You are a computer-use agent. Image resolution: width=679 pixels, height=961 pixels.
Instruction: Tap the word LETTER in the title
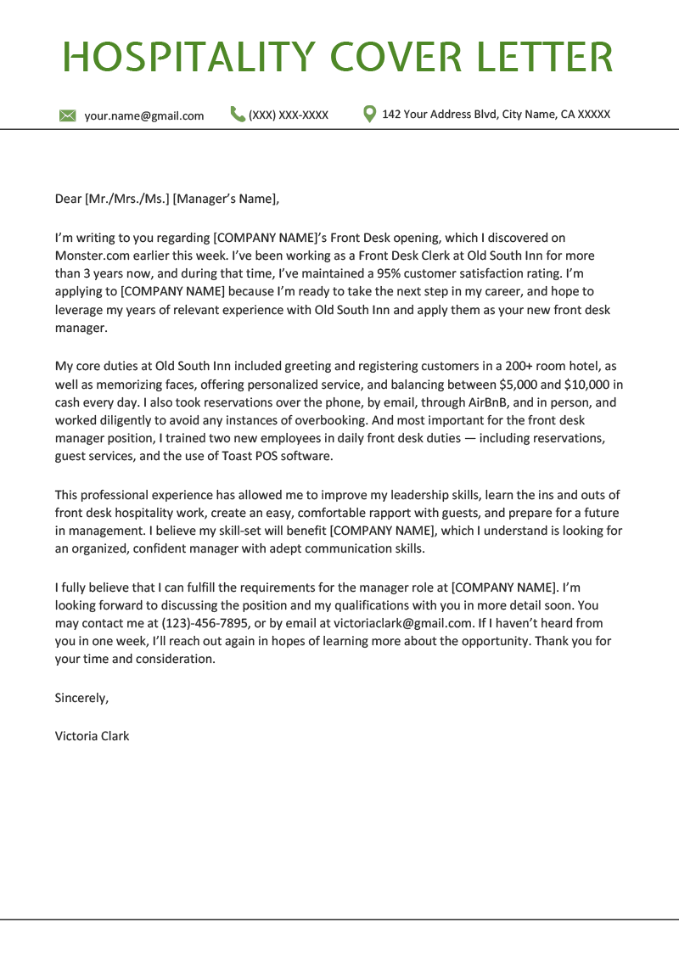point(543,57)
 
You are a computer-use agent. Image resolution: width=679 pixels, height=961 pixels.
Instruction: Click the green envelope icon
point(68,115)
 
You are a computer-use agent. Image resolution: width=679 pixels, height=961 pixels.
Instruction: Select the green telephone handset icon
point(238,114)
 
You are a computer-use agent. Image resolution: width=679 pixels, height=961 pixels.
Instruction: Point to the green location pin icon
point(369,114)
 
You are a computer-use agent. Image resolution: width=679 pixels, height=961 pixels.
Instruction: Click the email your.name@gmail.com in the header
point(144,115)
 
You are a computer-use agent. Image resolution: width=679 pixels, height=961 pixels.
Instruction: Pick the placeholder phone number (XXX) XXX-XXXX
point(289,115)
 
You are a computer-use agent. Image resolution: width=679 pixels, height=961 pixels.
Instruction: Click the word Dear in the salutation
point(68,200)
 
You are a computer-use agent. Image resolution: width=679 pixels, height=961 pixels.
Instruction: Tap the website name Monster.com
point(94,256)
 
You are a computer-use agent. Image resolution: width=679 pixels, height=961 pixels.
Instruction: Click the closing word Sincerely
point(81,698)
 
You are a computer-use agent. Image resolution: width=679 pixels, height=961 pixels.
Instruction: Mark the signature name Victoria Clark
point(92,736)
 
